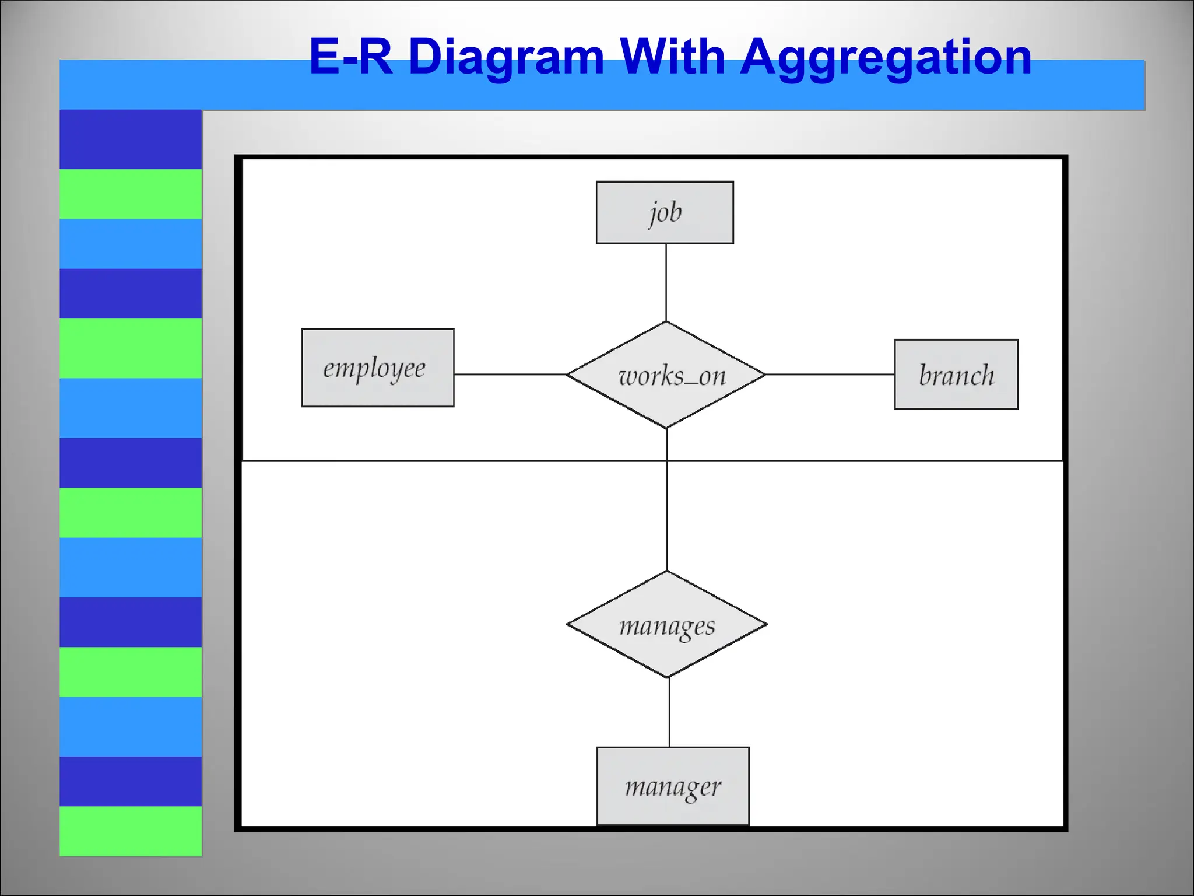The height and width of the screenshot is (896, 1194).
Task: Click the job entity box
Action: [665, 212]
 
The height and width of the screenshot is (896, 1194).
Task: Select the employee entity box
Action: [377, 367]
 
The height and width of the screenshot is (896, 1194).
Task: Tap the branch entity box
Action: [956, 374]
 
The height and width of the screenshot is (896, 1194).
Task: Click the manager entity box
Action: [673, 786]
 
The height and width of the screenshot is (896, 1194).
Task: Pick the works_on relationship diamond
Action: [666, 375]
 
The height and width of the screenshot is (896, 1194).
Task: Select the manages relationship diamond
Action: [667, 625]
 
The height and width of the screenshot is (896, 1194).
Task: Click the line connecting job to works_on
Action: [666, 282]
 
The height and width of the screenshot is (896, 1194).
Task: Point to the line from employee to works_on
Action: [510, 374]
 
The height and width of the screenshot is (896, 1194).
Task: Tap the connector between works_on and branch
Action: [830, 374]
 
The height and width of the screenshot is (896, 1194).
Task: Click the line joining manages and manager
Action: [669, 712]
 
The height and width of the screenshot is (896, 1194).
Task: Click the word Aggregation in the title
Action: [886, 58]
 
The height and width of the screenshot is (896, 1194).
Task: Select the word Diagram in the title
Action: [505, 58]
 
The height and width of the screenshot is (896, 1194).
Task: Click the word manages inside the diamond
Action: [667, 626]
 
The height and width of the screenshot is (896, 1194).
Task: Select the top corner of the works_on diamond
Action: [666, 323]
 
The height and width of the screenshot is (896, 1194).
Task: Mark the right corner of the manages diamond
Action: [765, 625]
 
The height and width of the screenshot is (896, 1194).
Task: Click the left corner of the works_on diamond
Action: [568, 374]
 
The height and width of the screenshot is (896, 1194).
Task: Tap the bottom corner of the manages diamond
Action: [668, 677]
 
